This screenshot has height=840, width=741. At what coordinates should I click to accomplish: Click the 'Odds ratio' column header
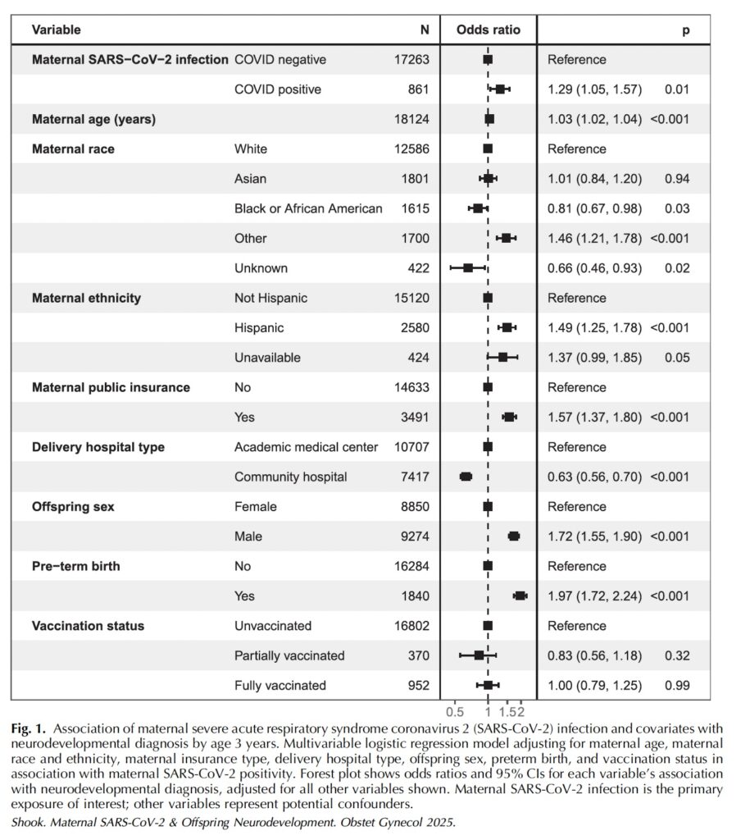[x=488, y=30]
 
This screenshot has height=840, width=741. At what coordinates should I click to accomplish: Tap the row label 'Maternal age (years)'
[x=93, y=119]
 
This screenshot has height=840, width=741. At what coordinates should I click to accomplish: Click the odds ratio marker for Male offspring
[x=514, y=536]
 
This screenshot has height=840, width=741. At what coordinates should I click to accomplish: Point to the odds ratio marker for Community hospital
[x=466, y=477]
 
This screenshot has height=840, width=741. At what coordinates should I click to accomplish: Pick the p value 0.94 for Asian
[x=677, y=179]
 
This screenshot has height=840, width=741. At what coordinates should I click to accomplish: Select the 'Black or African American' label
[x=308, y=208]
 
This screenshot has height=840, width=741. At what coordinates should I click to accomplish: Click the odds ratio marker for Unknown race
[x=468, y=268]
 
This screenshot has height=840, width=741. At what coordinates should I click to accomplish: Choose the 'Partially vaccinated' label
[x=289, y=655]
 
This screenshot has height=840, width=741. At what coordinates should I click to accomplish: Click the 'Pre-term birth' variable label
[x=76, y=566]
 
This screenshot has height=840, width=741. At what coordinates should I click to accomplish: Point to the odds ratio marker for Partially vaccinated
[x=479, y=655]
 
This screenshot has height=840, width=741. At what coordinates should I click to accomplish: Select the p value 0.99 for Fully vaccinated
[x=677, y=686]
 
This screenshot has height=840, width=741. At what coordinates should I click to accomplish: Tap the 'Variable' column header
[x=56, y=30]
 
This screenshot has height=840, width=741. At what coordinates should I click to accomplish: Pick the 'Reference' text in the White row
[x=577, y=149]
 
